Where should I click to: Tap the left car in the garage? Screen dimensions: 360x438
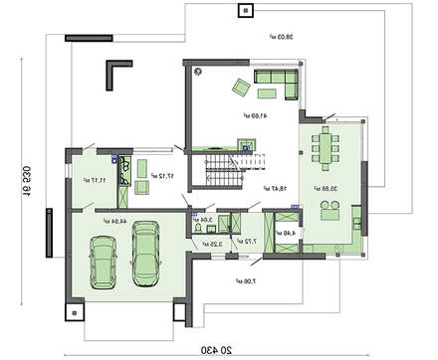(104, 261)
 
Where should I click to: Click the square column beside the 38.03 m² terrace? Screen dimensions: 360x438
(244, 11)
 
